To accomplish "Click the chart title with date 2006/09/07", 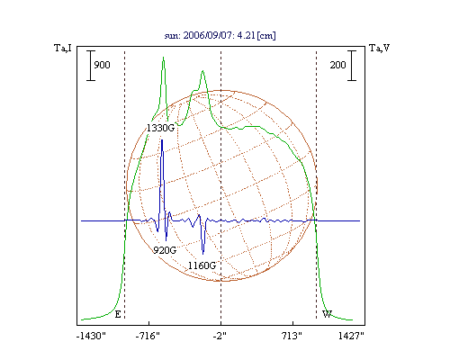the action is coord(220,35).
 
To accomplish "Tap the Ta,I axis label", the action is coord(63,48).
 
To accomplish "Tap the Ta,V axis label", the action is coord(380,48).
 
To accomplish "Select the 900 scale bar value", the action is coord(102,65).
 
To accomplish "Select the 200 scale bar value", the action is coord(338,65).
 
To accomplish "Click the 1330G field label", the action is coord(160,128).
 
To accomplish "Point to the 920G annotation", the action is coord(165,250).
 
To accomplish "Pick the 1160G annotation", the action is coord(202,265).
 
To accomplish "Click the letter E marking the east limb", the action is coord(118,314).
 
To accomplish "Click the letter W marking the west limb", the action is coord(327,314).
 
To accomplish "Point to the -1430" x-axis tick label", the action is coord(91,336).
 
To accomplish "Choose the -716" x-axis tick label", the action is coord(148,336).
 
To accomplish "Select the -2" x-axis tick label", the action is coord(220,336).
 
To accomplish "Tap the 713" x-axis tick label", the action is coord(292,336).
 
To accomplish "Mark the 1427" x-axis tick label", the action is coord(351,336).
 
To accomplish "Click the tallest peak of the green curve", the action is coord(163,57).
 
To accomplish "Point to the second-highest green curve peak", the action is coord(203,71).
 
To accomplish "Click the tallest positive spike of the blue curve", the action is coord(162,140).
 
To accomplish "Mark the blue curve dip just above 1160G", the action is coord(203,254).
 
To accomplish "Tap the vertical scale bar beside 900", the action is coord(91,66).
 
